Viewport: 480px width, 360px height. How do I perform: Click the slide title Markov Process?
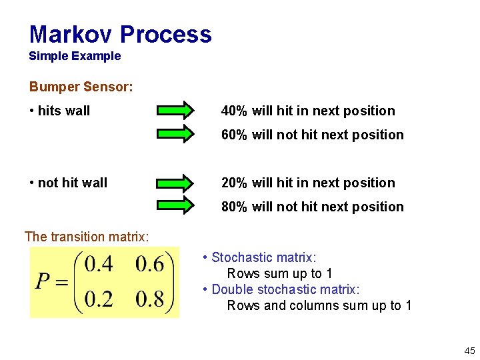coord(120,34)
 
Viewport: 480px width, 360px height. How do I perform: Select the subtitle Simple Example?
coord(75,56)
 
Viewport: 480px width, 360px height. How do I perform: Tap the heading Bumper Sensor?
coord(81,87)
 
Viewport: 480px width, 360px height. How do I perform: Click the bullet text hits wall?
coord(63,111)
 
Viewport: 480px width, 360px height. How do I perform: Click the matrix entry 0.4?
coord(99,265)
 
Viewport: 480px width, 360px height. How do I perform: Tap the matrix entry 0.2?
coord(99,299)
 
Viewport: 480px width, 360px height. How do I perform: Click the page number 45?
coord(469,351)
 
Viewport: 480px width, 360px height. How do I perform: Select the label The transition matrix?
coord(87,237)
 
